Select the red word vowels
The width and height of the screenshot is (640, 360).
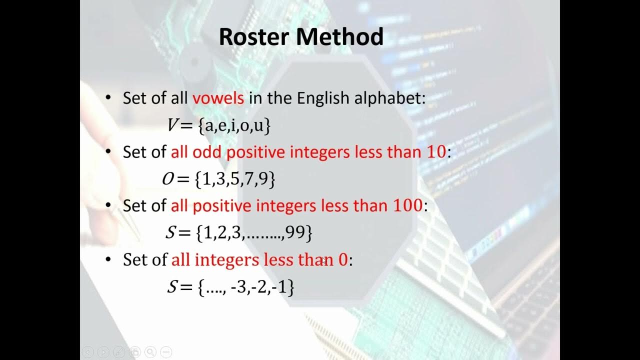218,98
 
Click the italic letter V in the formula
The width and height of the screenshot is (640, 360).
173,125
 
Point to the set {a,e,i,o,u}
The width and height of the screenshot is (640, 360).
234,125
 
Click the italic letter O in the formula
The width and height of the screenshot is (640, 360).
167,179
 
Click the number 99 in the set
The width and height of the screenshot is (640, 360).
296,232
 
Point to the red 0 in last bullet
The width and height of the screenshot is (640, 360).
342,260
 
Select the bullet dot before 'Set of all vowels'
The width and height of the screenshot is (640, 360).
108,98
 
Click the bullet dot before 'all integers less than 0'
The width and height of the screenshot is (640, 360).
108,260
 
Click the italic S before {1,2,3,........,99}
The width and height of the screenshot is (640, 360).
171,232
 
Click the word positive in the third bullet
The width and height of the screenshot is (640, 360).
218,205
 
